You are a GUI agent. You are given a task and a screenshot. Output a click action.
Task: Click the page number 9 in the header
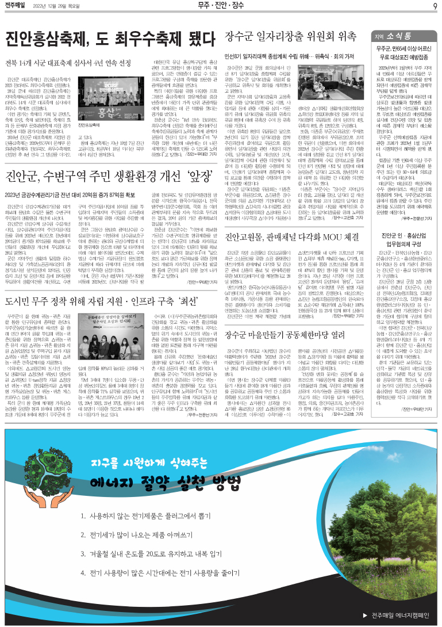[435, 6]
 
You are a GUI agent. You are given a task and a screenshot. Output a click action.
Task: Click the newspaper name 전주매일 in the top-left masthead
[16, 6]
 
